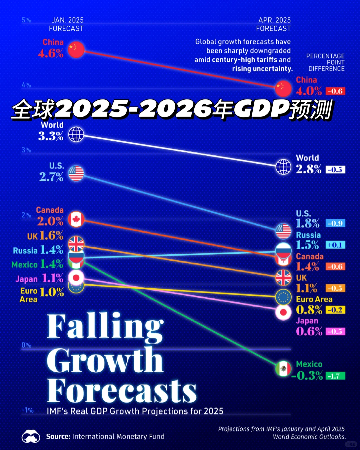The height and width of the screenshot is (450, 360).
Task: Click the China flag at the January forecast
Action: [76, 50]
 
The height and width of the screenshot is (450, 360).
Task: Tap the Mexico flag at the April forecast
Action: [283, 369]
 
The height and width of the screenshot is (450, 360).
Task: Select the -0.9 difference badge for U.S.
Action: [335, 223]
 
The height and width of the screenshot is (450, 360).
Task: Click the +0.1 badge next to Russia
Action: [335, 245]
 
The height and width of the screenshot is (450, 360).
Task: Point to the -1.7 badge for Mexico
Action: [335, 376]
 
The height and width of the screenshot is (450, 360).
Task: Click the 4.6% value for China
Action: [51, 53]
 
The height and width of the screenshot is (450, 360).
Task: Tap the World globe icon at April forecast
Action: [283, 167]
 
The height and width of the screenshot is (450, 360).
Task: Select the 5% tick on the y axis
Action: [26, 20]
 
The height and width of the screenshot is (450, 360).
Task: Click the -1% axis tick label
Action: [28, 410]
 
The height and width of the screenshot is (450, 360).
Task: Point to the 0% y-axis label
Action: [26, 345]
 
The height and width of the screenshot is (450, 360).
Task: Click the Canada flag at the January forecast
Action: [76, 219]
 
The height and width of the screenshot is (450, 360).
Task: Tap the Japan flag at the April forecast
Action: [283, 313]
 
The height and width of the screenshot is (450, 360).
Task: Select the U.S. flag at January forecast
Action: [76, 173]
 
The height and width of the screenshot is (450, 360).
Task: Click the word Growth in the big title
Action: [105, 360]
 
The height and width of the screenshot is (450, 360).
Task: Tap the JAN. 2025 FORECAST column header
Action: [66, 24]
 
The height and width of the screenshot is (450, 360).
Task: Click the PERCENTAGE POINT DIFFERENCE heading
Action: [326, 62]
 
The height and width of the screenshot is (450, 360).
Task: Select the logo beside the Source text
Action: [31, 436]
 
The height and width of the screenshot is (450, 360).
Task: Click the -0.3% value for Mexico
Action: [307, 376]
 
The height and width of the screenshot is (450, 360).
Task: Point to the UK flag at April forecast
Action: [283, 278]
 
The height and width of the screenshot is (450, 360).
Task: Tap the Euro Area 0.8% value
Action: [309, 310]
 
